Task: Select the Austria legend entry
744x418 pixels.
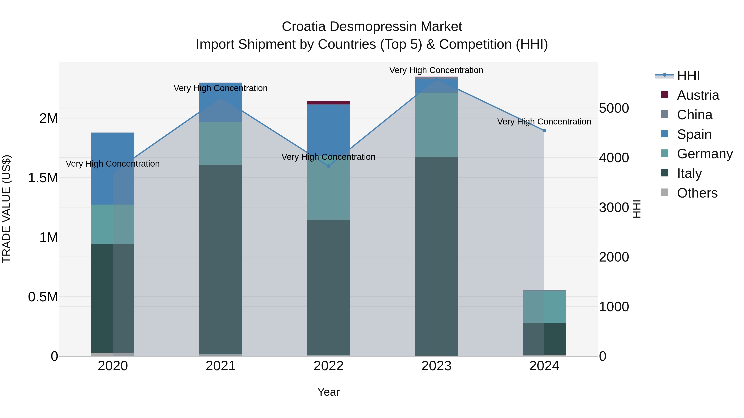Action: pyautogui.click(x=697, y=95)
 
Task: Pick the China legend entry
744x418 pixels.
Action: pyautogui.click(x=694, y=115)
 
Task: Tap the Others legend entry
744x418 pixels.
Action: pyautogui.click(x=697, y=193)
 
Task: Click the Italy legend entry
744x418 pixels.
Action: pyautogui.click(x=689, y=173)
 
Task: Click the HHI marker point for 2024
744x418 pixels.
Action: pyautogui.click(x=544, y=131)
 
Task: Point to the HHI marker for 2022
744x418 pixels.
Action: pyautogui.click(x=328, y=166)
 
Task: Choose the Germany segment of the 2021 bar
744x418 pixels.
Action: pyautogui.click(x=221, y=143)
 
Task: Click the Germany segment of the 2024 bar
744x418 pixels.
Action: pyautogui.click(x=544, y=307)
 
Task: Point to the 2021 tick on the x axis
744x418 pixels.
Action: pyautogui.click(x=221, y=366)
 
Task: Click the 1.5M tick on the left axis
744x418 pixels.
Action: pyautogui.click(x=43, y=178)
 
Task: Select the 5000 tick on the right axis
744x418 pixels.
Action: pyautogui.click(x=614, y=108)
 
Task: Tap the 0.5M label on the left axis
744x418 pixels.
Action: pyautogui.click(x=43, y=297)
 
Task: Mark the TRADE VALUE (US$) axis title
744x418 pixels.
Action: pyautogui.click(x=6, y=209)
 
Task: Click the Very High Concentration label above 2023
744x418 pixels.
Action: pyautogui.click(x=436, y=70)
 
